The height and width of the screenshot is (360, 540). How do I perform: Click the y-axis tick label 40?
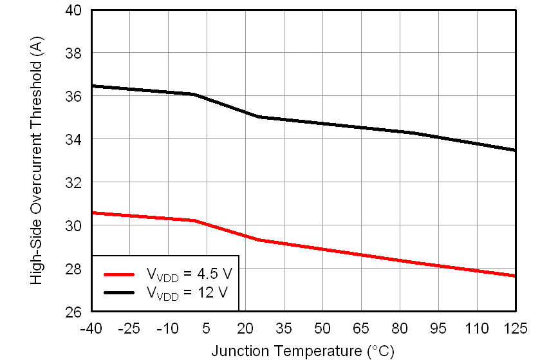[x=73, y=10]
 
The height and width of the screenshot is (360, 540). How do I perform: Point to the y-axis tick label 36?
[x=73, y=97]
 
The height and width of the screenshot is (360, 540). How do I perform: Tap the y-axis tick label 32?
[x=73, y=183]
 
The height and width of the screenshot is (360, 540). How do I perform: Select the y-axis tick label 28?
[x=73, y=269]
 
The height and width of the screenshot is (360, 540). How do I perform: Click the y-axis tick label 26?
[x=73, y=312]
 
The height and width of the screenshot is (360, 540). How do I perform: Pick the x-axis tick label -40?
[x=90, y=328]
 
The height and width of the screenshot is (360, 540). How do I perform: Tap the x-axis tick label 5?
[x=206, y=328]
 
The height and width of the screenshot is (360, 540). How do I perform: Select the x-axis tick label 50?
[x=322, y=328]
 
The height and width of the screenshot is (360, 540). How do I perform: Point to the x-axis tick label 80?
[x=399, y=328]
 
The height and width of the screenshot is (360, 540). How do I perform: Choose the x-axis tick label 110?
[x=476, y=328]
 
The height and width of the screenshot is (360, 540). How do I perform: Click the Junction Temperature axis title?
[x=302, y=351]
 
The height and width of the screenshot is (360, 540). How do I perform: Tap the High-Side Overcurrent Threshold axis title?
[x=37, y=161]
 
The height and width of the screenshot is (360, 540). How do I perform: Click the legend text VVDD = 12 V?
[x=187, y=293]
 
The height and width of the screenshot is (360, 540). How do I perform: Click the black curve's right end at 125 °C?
[x=515, y=150]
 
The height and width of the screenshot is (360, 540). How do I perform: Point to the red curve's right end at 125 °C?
[x=515, y=276]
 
